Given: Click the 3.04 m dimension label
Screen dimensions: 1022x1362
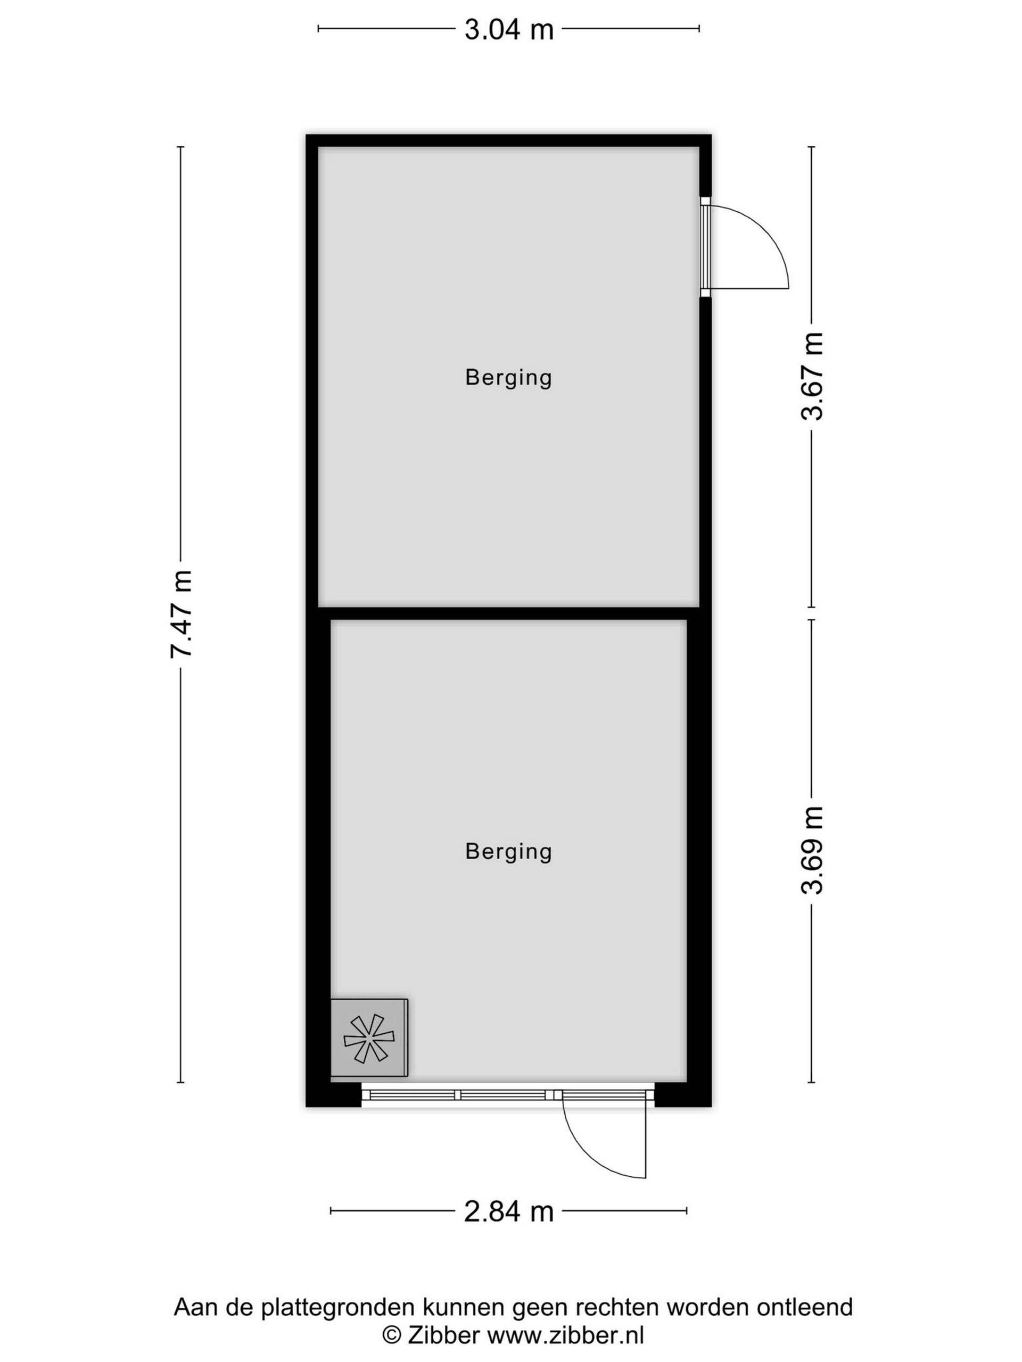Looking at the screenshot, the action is click(x=509, y=30).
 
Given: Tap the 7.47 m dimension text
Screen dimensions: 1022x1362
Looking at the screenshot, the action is click(x=182, y=614).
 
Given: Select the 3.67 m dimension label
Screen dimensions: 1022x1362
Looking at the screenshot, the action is click(x=812, y=376).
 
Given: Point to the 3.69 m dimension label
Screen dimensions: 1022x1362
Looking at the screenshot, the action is click(x=812, y=849).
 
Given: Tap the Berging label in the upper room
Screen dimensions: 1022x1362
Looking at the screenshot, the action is click(x=508, y=377).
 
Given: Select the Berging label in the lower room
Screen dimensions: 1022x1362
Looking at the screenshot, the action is click(x=508, y=852).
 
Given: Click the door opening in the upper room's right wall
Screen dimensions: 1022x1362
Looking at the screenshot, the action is click(x=705, y=246).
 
